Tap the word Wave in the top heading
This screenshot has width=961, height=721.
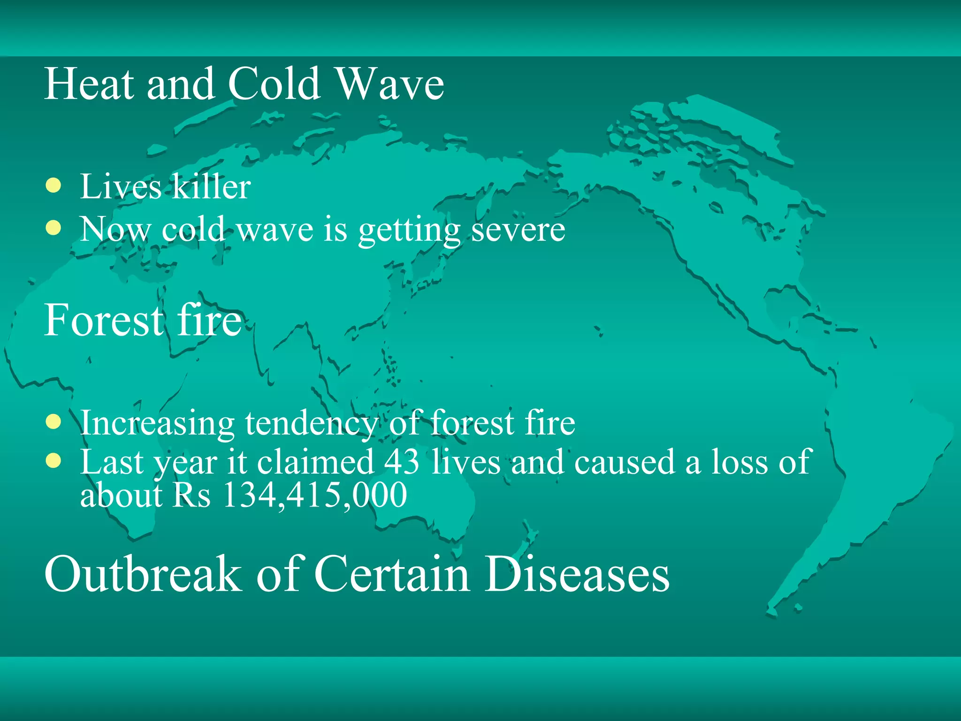tap(390, 84)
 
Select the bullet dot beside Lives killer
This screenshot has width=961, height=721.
tap(54, 185)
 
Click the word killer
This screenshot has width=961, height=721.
tap(210, 186)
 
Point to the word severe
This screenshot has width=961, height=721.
tap(518, 230)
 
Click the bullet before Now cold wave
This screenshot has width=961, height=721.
tap(54, 228)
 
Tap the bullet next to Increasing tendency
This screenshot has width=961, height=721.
tap(54, 422)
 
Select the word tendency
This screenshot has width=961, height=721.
tap(311, 423)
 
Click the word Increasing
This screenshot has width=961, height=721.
tap(157, 423)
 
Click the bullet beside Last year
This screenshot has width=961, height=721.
tap(54, 461)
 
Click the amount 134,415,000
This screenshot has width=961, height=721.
tap(315, 495)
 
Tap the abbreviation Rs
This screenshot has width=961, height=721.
tap(192, 495)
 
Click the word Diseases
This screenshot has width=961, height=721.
tap(577, 574)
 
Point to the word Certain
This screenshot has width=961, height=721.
tap(392, 574)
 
